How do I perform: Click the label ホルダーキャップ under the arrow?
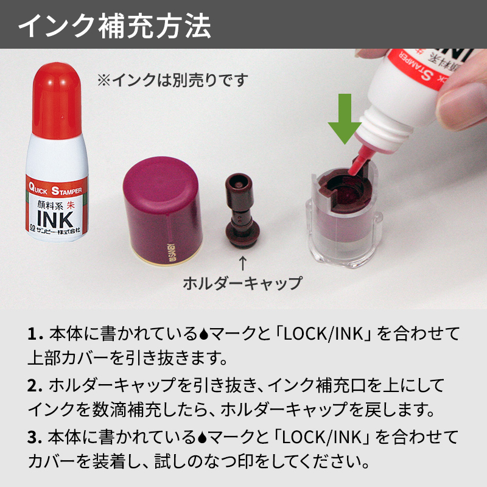243,283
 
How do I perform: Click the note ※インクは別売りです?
172,80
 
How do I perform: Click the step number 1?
32,334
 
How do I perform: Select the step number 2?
33,385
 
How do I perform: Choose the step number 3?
33,437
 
